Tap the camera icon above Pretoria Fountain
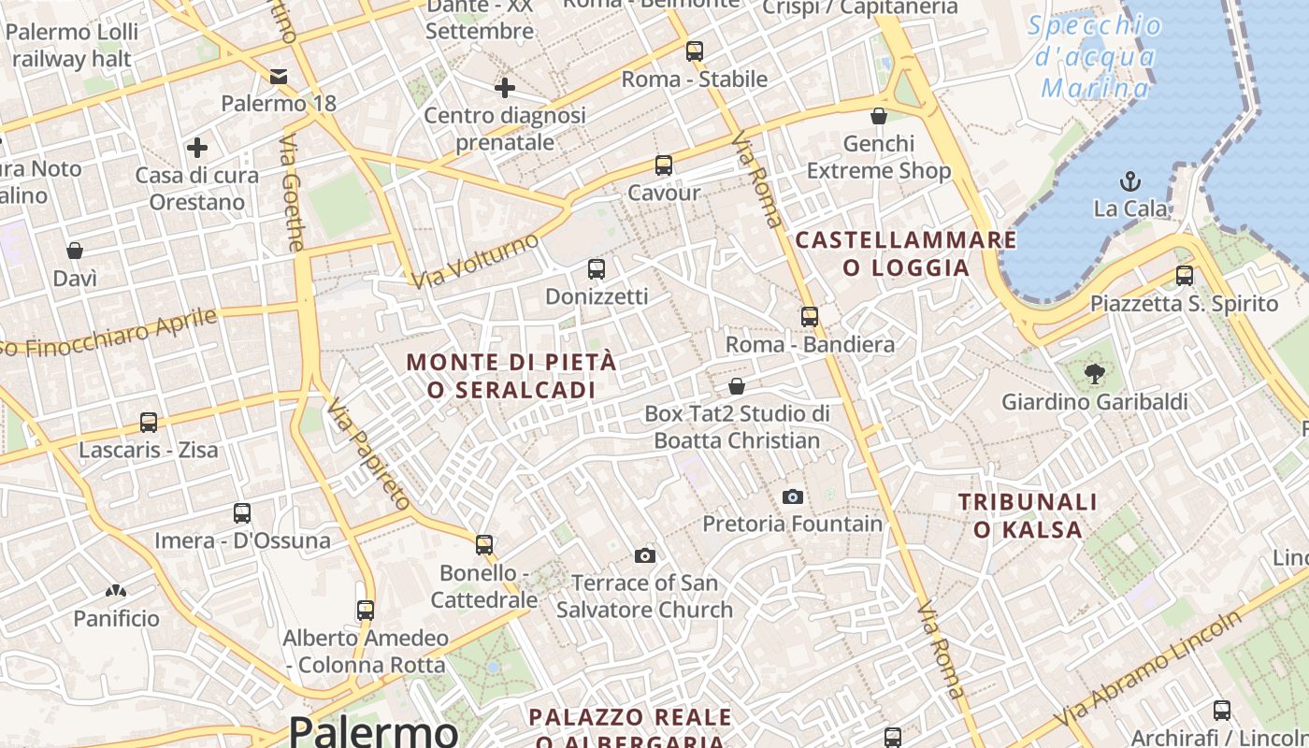(x=792, y=496)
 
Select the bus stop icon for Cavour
(x=664, y=165)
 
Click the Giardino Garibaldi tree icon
(x=1093, y=375)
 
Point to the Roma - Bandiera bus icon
(x=810, y=317)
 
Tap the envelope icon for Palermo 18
(x=279, y=76)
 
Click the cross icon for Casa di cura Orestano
(x=196, y=148)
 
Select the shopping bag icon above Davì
(x=75, y=251)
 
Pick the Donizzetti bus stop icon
(x=597, y=269)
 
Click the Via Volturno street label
(x=475, y=261)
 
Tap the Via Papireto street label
(x=368, y=453)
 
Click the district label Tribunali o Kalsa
(x=1028, y=516)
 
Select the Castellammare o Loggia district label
(x=905, y=254)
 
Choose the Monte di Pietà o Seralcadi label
(x=511, y=376)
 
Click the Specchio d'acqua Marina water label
(x=1095, y=56)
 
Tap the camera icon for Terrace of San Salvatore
(x=644, y=556)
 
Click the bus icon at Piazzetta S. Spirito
(x=1185, y=275)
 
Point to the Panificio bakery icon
(x=116, y=591)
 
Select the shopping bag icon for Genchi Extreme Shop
(x=879, y=116)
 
